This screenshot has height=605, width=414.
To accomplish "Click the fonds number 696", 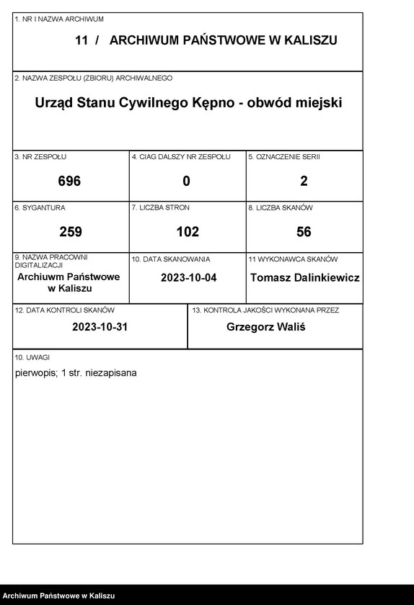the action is point(70,181).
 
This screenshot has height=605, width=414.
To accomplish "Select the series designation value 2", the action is point(304,181).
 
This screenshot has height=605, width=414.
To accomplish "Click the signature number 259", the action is point(70,232).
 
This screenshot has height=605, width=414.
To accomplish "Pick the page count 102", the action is point(188,232).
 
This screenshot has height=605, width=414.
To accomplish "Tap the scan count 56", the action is point(304,232).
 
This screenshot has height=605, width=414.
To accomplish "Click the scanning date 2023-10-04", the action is point(188,278).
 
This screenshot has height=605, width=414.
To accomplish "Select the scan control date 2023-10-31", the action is point(100,326).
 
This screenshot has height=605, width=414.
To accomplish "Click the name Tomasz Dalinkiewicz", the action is point(304,278).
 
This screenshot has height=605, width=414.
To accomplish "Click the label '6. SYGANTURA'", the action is point(40,207).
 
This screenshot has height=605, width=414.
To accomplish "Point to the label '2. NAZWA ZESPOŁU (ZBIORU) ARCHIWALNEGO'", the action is point(93,78).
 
